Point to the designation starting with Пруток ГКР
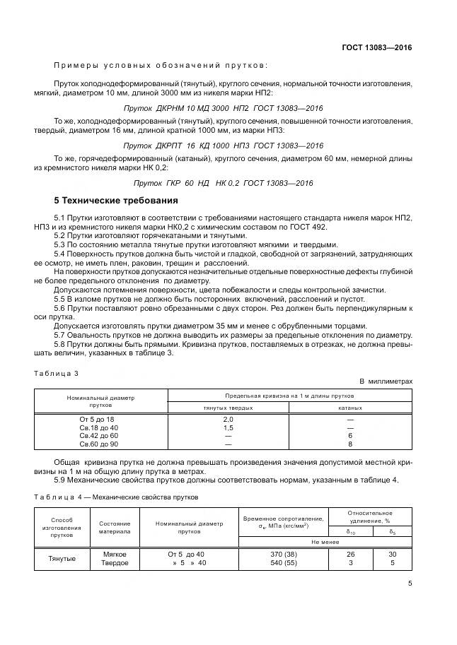point(224,183)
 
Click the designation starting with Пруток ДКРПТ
point(224,146)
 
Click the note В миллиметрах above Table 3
point(386,382)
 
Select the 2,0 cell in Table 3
point(228,420)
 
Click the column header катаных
point(349,408)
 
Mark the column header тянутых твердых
point(228,408)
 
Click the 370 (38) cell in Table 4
point(282,555)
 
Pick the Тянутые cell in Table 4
point(62,559)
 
